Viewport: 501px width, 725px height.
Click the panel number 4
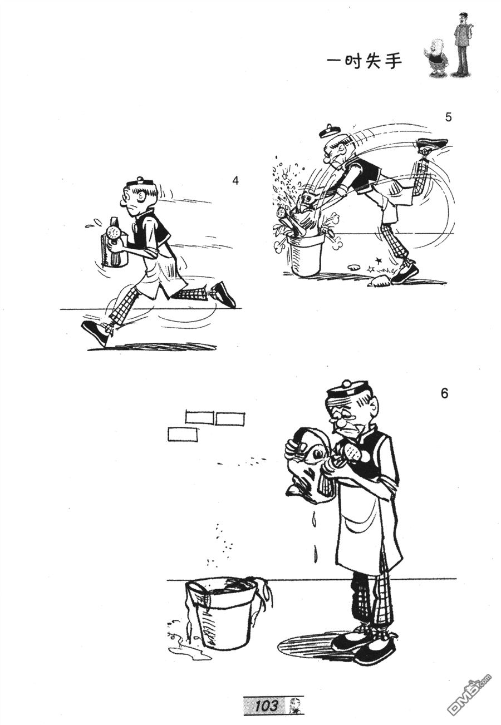[235, 181]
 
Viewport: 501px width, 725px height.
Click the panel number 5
[448, 117]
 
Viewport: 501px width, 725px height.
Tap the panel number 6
[444, 393]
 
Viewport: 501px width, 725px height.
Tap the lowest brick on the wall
[183, 434]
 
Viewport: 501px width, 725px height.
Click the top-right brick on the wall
[230, 418]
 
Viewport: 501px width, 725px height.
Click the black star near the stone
[377, 260]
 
